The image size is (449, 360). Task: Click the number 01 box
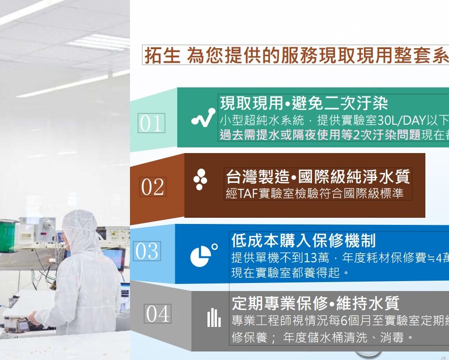click(152, 123)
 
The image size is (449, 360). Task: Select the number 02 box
click(153, 187)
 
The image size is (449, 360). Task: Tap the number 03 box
click(147, 251)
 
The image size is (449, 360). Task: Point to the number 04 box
click(157, 314)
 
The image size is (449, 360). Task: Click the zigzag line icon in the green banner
click(203, 118)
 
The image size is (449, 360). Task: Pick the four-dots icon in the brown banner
click(200, 180)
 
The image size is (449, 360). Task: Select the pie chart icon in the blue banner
click(204, 255)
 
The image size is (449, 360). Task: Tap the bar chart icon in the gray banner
click(214, 317)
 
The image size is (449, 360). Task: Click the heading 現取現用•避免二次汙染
click(304, 103)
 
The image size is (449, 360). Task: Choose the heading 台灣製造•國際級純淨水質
click(318, 176)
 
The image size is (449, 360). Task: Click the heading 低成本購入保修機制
click(303, 240)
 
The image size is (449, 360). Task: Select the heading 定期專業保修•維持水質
click(316, 303)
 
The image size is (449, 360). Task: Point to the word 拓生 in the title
click(163, 55)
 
